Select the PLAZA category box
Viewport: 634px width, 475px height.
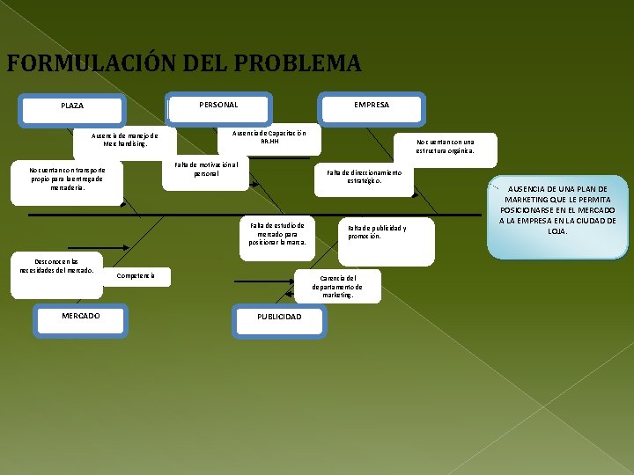(x=72, y=106)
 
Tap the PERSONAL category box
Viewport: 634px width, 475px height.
(x=218, y=105)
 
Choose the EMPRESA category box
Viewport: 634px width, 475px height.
(x=372, y=105)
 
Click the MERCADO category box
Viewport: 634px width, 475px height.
(x=80, y=316)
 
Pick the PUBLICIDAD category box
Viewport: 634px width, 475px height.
(x=279, y=317)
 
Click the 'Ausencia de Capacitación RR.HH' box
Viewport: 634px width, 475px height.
(x=269, y=137)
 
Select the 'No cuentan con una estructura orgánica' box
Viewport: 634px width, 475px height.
(x=445, y=146)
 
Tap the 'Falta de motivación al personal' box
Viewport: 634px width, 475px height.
(x=206, y=169)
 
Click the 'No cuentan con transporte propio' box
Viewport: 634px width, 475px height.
(x=68, y=179)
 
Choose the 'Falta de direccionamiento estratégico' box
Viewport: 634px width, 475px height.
(x=364, y=177)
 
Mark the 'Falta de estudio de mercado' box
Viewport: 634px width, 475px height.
(x=277, y=234)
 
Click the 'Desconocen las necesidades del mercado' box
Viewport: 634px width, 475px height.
(x=56, y=266)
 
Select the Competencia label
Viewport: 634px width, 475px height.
(x=136, y=276)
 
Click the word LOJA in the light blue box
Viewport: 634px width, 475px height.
(x=557, y=231)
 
